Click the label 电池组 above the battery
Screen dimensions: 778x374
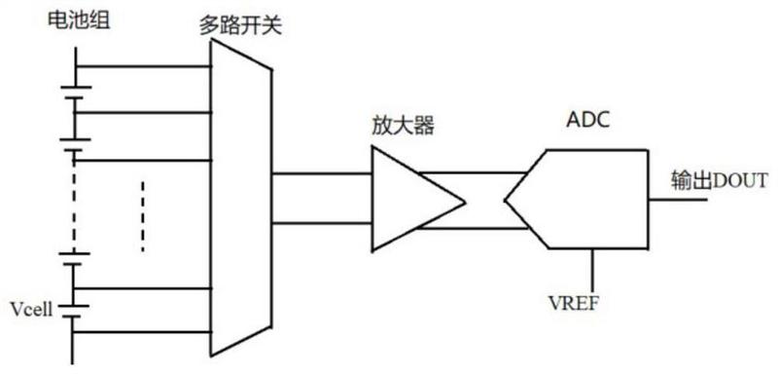pos(78,20)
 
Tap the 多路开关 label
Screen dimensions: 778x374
pos(240,25)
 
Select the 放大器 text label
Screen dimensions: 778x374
pos(403,127)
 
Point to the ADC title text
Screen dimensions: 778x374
pos(588,120)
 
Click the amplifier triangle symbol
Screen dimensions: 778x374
pos(418,198)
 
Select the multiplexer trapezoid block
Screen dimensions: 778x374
pos(241,198)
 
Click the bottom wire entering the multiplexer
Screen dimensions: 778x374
pos(142,332)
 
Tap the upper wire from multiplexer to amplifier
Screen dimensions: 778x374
pos(322,173)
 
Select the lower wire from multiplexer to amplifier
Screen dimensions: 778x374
pos(322,223)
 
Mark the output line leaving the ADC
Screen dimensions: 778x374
pos(677,201)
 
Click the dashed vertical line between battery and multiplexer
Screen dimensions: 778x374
pos(142,216)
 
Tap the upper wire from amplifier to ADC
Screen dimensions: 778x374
pos(474,173)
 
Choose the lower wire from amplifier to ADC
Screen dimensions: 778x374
pos(473,228)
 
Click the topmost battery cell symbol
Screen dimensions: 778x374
pos(75,93)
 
